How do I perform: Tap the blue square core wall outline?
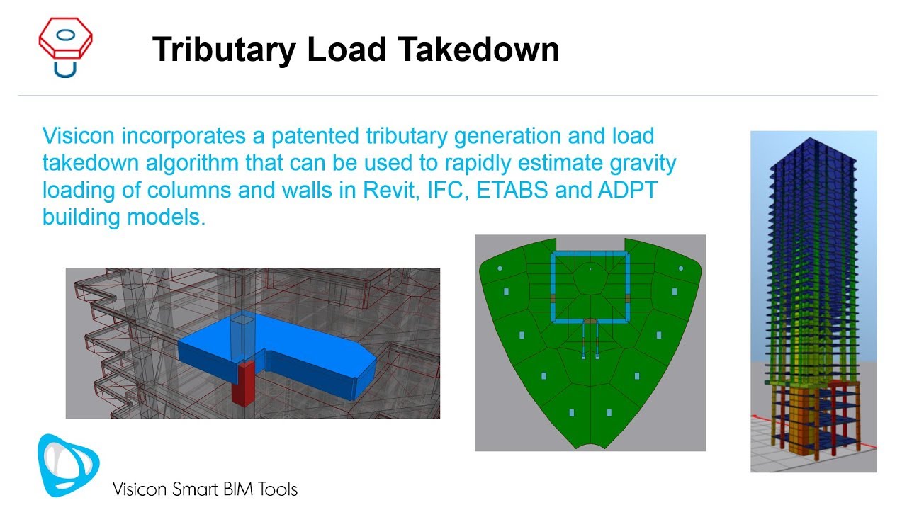click(590, 254)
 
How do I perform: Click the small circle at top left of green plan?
click(500, 268)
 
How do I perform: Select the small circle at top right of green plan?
click(680, 269)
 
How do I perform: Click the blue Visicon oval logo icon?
click(68, 465)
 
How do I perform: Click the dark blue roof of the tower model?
click(813, 153)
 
